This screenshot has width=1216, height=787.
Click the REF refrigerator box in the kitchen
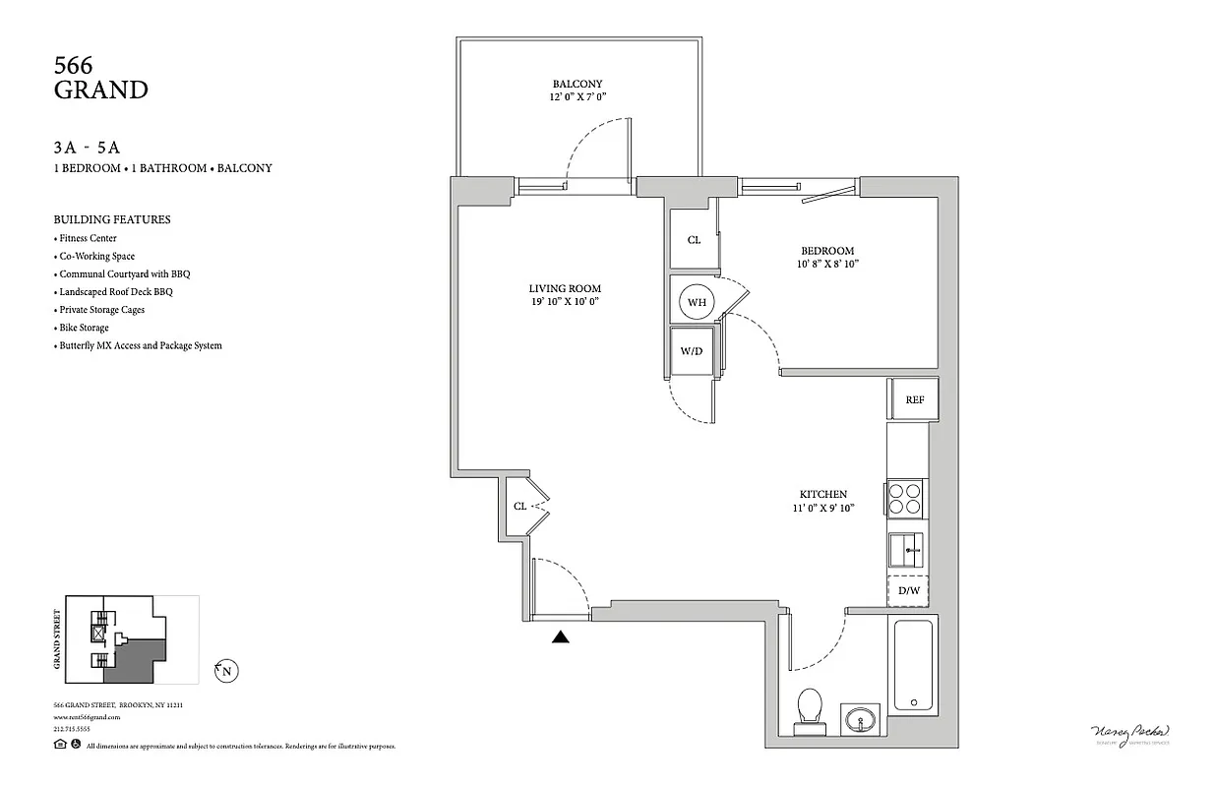[914, 400]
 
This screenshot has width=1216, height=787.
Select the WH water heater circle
[697, 302]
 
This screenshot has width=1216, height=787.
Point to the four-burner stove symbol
[905, 498]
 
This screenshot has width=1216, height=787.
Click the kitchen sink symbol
[906, 549]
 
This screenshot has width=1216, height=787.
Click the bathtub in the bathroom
[915, 664]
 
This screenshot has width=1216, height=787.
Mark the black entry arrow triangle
[561, 637]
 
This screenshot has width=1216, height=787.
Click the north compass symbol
[226, 672]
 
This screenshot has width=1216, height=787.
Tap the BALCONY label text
[578, 84]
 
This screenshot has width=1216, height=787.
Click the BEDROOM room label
[826, 251]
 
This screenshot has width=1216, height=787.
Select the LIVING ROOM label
[564, 288]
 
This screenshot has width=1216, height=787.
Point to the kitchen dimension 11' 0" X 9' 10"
[822, 509]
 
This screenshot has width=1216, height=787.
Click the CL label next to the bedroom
[694, 240]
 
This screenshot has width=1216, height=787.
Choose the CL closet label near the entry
[519, 507]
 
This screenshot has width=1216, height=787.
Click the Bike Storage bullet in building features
[84, 328]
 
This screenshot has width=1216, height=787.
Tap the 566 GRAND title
[100, 78]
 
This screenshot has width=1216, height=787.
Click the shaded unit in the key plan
[133, 659]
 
